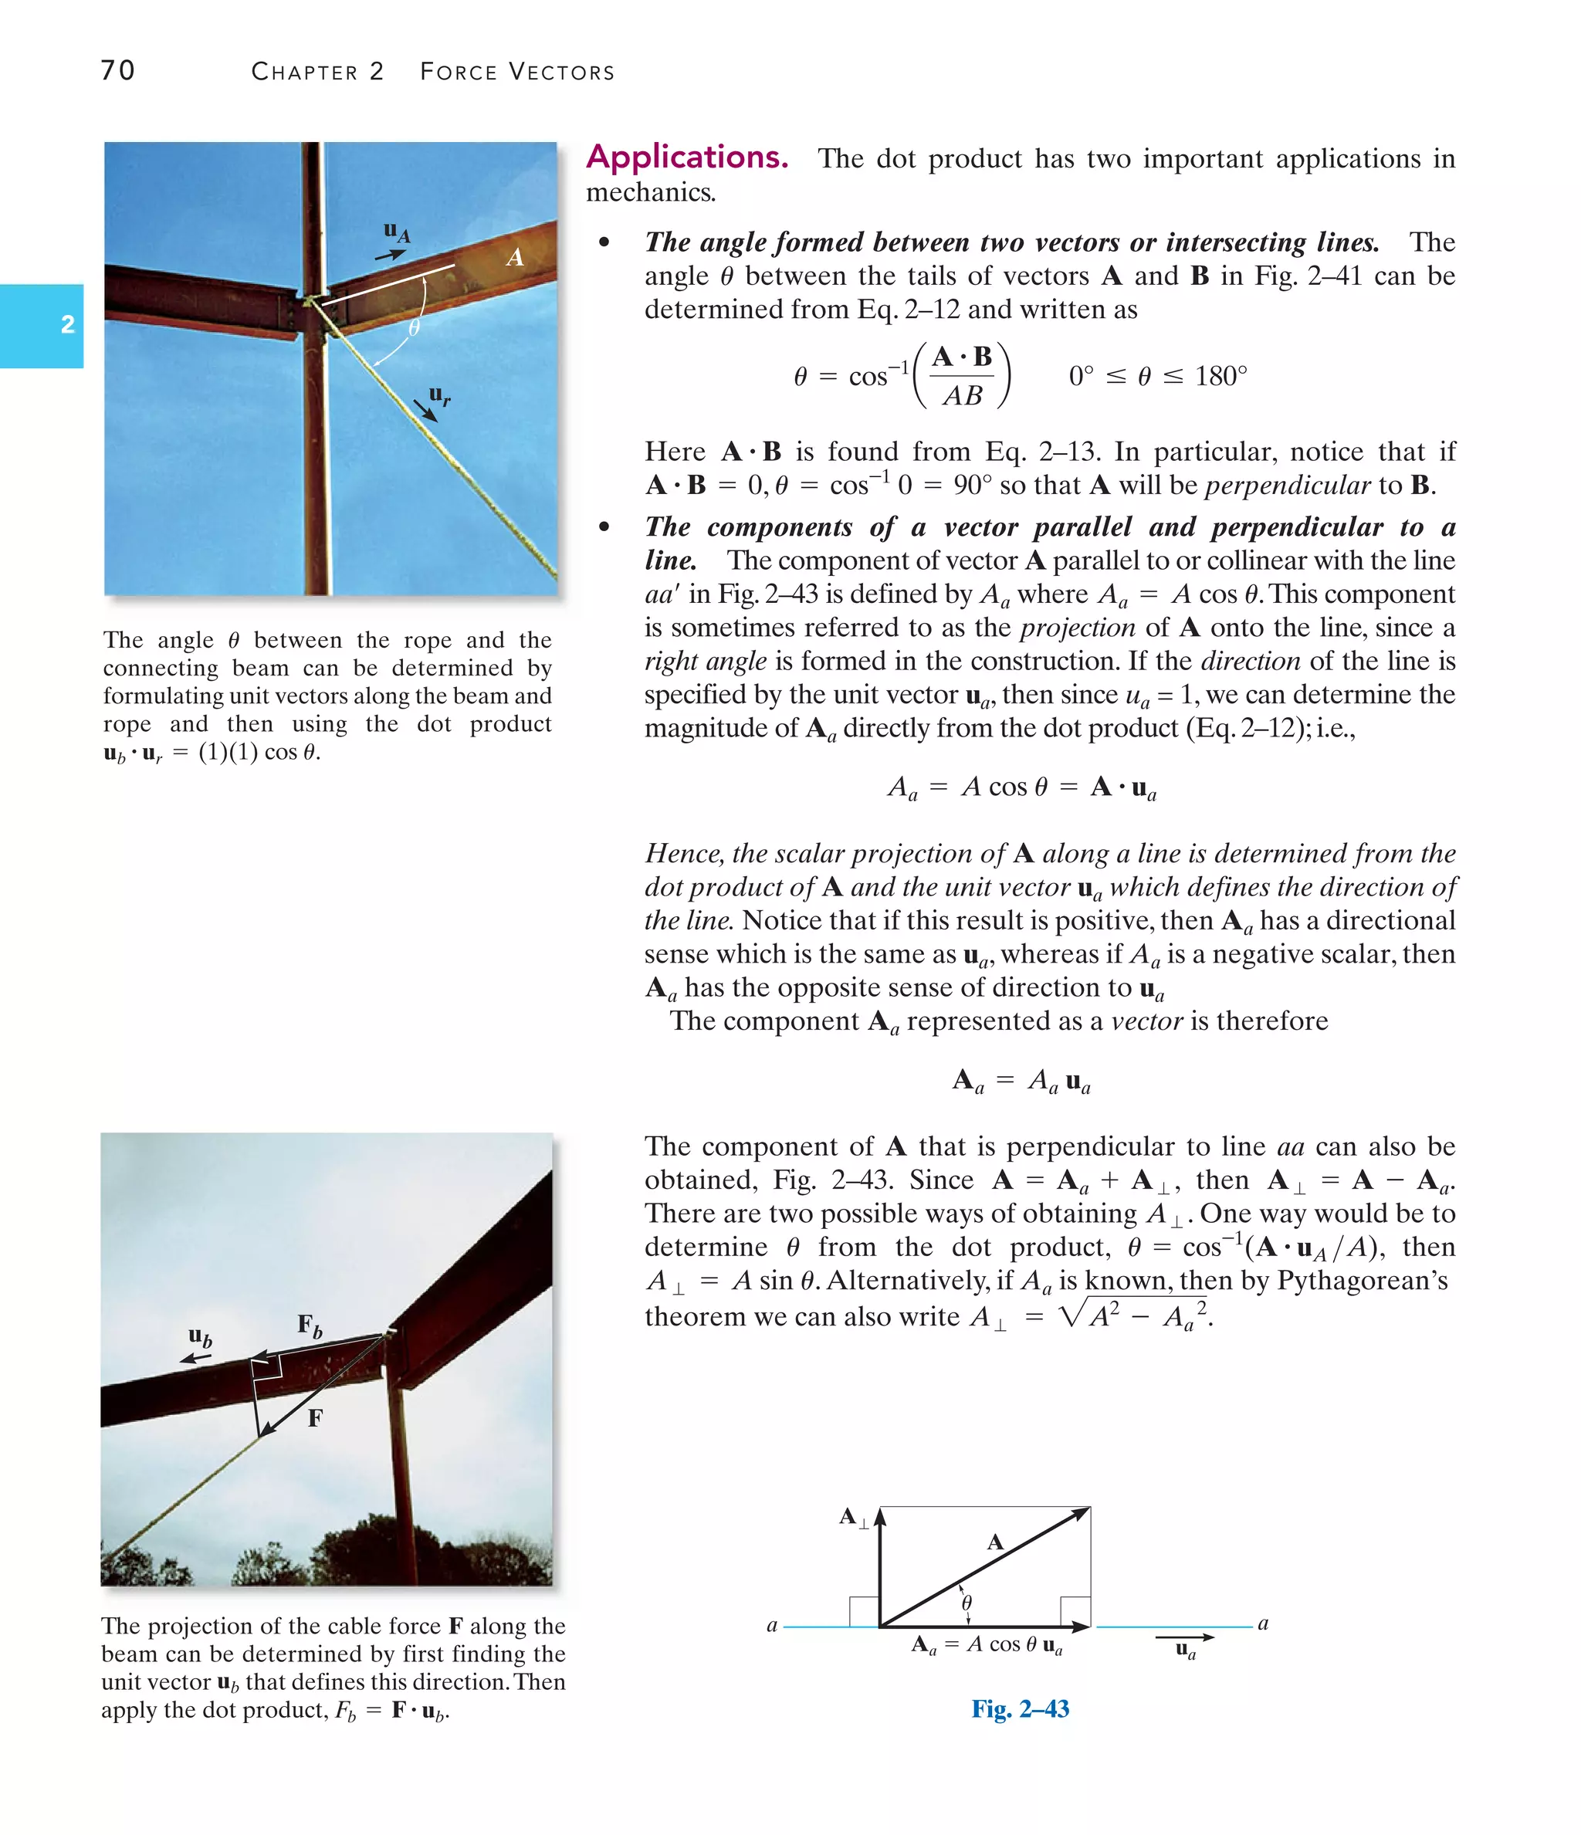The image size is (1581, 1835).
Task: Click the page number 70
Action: click(x=118, y=70)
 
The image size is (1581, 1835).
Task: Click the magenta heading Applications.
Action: click(x=686, y=157)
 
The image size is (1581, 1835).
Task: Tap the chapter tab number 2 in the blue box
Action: click(x=67, y=324)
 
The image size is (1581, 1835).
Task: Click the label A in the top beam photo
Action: click(x=515, y=258)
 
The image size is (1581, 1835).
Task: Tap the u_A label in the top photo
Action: click(x=396, y=232)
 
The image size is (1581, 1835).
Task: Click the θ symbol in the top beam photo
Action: click(x=414, y=327)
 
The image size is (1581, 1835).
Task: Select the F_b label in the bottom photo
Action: click(x=309, y=1325)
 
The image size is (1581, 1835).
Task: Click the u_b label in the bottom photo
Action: click(x=200, y=1337)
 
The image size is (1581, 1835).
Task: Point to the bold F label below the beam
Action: click(x=314, y=1418)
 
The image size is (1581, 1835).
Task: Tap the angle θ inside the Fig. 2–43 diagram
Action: click(x=967, y=1603)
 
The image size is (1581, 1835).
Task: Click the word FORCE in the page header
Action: click(x=458, y=72)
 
